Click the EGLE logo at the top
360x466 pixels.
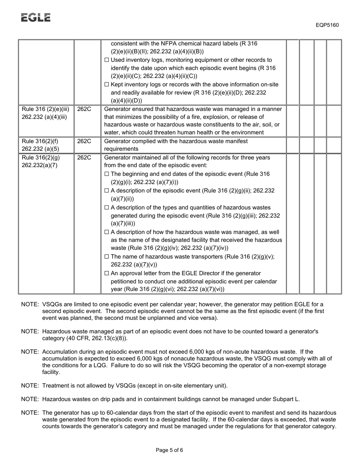(x=36, y=17)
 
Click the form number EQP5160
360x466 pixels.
(x=327, y=25)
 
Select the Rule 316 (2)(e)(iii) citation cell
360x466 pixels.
(x=45, y=113)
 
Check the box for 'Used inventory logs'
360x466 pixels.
(x=106, y=60)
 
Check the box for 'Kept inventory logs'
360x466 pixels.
(x=106, y=84)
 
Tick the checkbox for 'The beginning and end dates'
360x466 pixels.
(x=106, y=174)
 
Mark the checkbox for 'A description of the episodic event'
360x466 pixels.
(x=106, y=191)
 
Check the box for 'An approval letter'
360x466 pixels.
(x=106, y=274)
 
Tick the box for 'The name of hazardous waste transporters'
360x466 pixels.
(x=106, y=257)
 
